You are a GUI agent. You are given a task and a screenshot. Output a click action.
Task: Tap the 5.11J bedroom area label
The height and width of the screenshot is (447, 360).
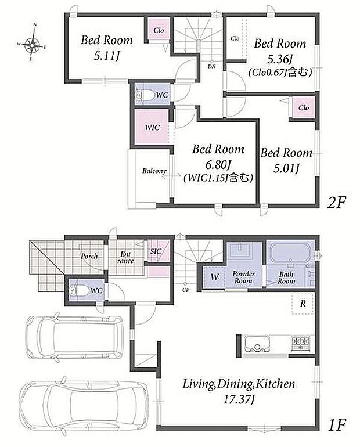(x=106, y=56)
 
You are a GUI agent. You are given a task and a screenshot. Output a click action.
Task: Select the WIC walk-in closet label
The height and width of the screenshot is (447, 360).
(x=152, y=127)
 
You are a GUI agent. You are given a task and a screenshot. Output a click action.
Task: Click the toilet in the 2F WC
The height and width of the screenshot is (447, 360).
(x=143, y=95)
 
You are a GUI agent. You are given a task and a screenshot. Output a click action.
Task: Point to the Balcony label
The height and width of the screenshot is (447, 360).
(x=154, y=171)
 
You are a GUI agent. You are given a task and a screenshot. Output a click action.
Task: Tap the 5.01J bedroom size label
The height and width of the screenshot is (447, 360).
(x=286, y=168)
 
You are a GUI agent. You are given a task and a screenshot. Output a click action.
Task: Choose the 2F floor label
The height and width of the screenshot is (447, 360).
(x=336, y=203)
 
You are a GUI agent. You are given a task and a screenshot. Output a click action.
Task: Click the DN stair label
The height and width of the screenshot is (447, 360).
(x=211, y=66)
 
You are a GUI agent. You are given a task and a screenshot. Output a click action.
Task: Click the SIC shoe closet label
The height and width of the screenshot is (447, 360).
(x=156, y=251)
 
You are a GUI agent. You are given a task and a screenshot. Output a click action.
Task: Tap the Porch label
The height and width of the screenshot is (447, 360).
(x=89, y=256)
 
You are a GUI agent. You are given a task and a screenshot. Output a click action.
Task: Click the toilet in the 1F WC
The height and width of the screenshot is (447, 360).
(x=78, y=291)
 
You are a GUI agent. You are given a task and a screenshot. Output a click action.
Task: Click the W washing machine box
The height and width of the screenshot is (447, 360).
(x=215, y=277)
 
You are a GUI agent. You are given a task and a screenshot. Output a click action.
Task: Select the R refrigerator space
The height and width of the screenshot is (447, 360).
(x=303, y=304)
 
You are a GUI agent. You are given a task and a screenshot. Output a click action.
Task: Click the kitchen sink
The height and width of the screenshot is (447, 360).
(x=257, y=344)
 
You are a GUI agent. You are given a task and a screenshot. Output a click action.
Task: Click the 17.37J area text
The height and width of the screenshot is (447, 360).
(x=238, y=399)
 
